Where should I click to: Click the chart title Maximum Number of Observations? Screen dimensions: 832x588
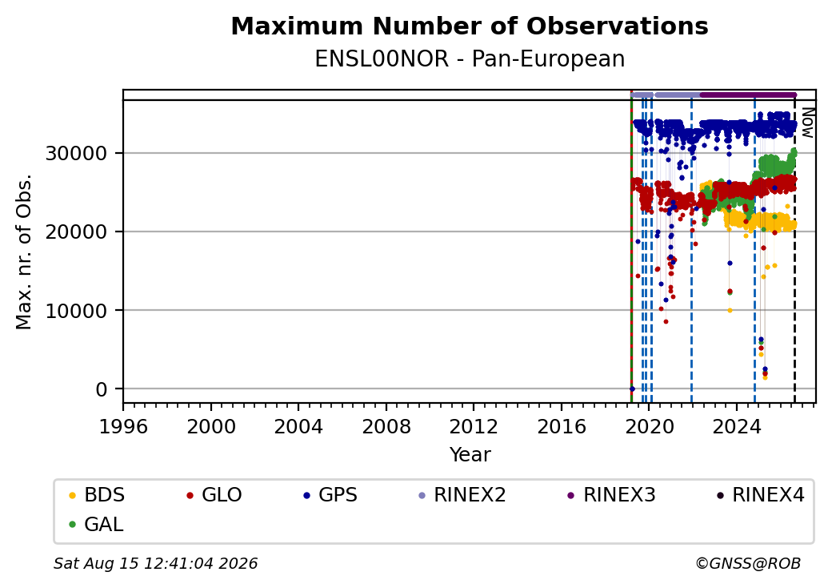470,26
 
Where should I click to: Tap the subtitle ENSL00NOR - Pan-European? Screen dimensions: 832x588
470,59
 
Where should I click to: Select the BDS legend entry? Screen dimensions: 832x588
97,495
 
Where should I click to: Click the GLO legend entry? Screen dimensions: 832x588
214,495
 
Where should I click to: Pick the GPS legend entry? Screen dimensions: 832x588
330,495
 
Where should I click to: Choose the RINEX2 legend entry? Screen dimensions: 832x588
462,495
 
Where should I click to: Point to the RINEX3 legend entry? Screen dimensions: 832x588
612,495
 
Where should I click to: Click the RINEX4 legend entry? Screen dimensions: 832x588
761,495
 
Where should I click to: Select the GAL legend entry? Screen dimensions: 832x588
97,524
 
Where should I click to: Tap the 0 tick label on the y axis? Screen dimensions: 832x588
102,389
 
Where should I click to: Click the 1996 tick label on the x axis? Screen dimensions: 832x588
123,426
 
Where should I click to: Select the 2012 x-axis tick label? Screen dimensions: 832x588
474,426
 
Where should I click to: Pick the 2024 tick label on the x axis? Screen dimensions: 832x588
737,426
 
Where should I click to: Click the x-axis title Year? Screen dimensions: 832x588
470,455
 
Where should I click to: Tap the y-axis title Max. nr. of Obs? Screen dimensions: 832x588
24,252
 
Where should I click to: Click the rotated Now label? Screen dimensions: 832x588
808,123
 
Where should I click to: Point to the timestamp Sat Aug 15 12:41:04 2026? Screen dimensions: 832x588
155,563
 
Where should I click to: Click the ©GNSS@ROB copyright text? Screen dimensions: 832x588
748,563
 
